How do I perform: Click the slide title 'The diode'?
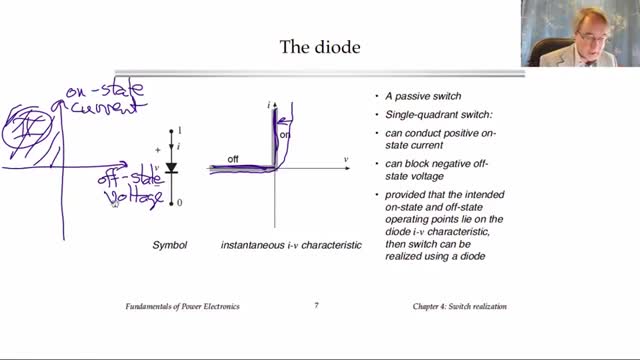pyautogui.click(x=320, y=47)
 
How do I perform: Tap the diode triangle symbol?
pyautogui.click(x=171, y=167)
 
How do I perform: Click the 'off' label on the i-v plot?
pyautogui.click(x=233, y=159)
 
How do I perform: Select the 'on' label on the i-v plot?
pyautogui.click(x=284, y=135)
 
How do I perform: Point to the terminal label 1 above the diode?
pyautogui.click(x=180, y=131)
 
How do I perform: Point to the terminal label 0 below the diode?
pyautogui.click(x=180, y=202)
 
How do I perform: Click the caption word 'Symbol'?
pyautogui.click(x=169, y=245)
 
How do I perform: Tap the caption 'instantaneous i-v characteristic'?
pyautogui.click(x=291, y=245)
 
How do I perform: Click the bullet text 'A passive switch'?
pyautogui.click(x=423, y=96)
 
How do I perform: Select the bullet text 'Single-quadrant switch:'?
pyautogui.click(x=439, y=115)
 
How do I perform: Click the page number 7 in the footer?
pyautogui.click(x=316, y=305)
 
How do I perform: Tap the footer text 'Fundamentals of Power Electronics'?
pyautogui.click(x=182, y=307)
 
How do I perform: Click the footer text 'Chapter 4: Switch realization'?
pyautogui.click(x=460, y=307)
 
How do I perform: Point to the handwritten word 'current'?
pyautogui.click(x=108, y=108)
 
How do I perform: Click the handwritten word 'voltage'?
pyautogui.click(x=134, y=198)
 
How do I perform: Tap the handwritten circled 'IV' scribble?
pyautogui.click(x=27, y=132)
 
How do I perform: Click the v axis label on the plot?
pyautogui.click(x=346, y=160)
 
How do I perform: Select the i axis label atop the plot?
pyautogui.click(x=269, y=105)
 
